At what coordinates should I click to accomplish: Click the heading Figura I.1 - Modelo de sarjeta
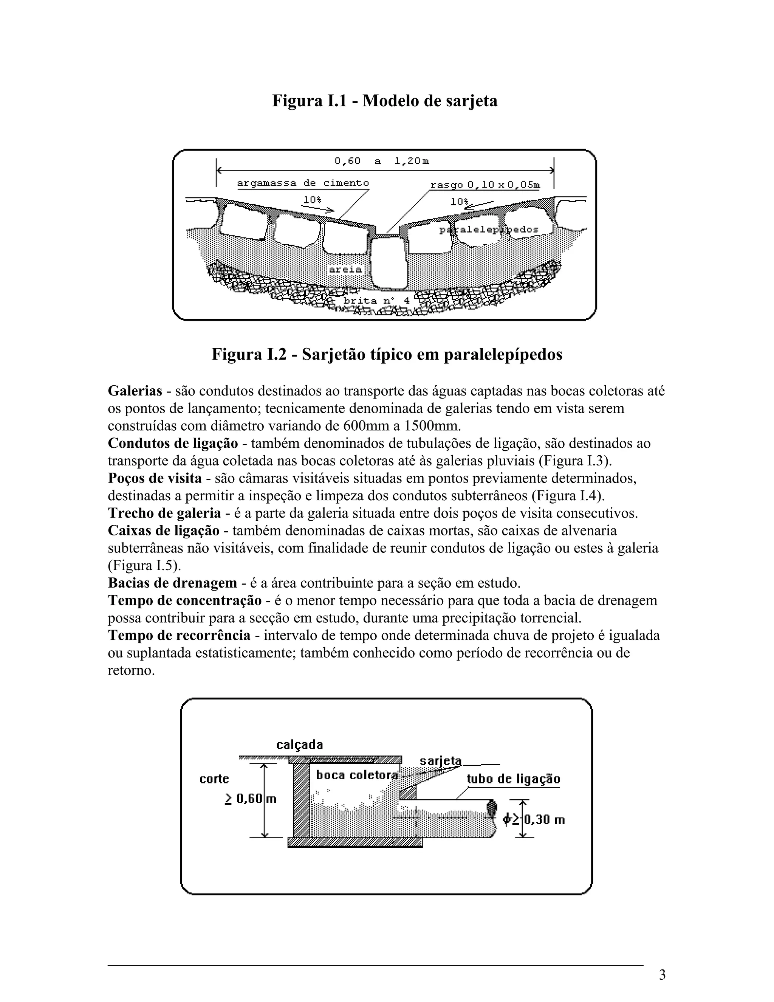[385, 101]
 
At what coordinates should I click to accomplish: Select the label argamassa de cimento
[303, 183]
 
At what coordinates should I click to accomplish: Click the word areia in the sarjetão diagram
[345, 270]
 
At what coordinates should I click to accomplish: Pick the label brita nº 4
[376, 301]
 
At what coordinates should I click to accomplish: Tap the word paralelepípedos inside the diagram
[489, 230]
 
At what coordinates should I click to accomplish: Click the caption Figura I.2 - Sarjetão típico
[387, 354]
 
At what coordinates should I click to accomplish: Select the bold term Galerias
[135, 391]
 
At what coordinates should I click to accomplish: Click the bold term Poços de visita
[155, 478]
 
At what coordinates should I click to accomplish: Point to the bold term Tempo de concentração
[184, 600]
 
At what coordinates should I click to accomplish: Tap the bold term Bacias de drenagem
[172, 583]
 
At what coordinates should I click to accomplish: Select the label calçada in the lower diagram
[299, 744]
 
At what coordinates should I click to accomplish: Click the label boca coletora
[357, 775]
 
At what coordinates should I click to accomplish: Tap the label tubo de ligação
[513, 779]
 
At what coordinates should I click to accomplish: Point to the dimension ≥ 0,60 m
[250, 799]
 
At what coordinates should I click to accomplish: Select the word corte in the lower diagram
[214, 779]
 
